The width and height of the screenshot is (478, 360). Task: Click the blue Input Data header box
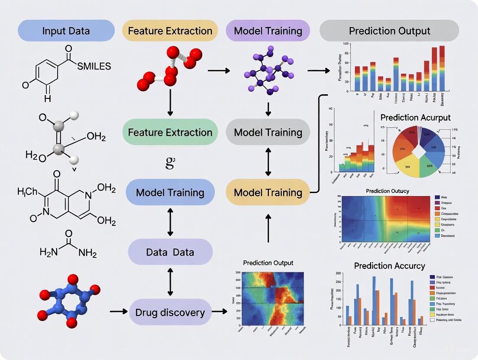pyautogui.click(x=66, y=31)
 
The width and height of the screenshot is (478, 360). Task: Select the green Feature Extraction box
pyautogui.click(x=170, y=132)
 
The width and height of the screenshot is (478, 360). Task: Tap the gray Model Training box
pyautogui.click(x=268, y=132)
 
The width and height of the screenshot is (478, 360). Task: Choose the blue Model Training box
pyautogui.click(x=170, y=193)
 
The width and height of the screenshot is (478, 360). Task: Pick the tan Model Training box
pyautogui.click(x=268, y=193)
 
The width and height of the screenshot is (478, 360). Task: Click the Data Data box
pyautogui.click(x=170, y=252)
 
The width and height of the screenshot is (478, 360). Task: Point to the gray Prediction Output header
pyautogui.click(x=389, y=31)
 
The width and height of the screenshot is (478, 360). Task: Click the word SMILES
pyautogui.click(x=94, y=66)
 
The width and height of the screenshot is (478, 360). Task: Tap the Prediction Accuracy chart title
pyautogui.click(x=389, y=266)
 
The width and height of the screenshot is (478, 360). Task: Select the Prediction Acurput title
pyautogui.click(x=415, y=117)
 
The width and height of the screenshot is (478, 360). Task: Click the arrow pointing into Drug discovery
pyautogui.click(x=118, y=311)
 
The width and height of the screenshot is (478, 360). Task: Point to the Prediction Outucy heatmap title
pyautogui.click(x=387, y=191)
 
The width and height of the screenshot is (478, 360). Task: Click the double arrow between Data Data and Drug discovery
pyautogui.click(x=170, y=282)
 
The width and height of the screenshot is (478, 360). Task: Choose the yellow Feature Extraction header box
pyautogui.click(x=170, y=31)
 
